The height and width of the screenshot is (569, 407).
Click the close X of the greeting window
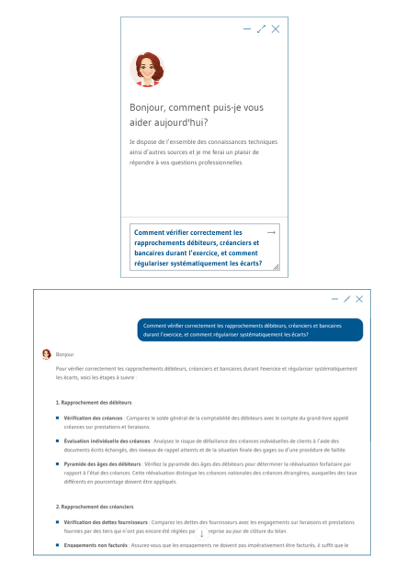[276, 30]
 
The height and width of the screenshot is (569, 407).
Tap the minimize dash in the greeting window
[246, 30]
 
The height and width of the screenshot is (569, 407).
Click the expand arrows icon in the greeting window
[261, 30]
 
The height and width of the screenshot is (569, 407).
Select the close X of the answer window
[359, 299]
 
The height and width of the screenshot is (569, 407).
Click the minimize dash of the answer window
[334, 299]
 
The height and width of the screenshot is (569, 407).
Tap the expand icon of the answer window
[346, 299]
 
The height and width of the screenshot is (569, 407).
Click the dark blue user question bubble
[250, 329]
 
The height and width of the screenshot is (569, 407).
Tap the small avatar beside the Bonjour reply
[47, 353]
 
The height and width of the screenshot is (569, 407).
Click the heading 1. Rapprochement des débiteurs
[94, 403]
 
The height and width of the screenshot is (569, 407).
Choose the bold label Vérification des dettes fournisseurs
[107, 521]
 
